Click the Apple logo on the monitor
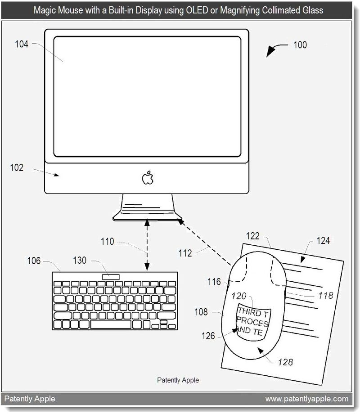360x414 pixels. tap(148, 178)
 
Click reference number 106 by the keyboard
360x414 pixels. tap(34, 261)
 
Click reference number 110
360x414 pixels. tap(107, 242)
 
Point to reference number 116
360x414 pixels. tap(215, 282)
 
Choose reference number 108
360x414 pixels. tap(201, 311)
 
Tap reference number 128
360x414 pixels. tap(286, 361)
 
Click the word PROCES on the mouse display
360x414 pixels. tap(252, 323)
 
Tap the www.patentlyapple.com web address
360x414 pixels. tap(307, 399)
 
